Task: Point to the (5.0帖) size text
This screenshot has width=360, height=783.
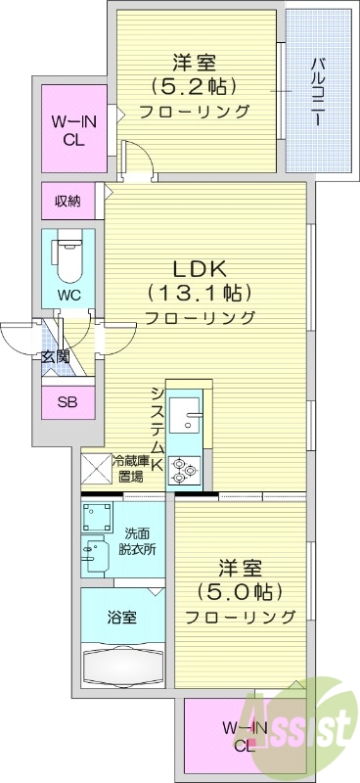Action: [239, 591]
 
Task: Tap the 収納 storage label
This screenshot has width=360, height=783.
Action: [67, 202]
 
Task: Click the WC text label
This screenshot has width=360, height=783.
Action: [67, 294]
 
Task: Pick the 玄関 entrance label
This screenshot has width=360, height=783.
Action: [55, 357]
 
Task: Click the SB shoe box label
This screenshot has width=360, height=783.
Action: [67, 402]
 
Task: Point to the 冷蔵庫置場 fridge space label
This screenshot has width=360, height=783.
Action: [129, 470]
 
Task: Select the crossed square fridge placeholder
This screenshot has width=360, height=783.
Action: [95, 471]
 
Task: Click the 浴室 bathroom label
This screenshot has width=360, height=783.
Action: [121, 618]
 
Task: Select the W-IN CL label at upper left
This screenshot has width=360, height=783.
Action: [67, 131]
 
